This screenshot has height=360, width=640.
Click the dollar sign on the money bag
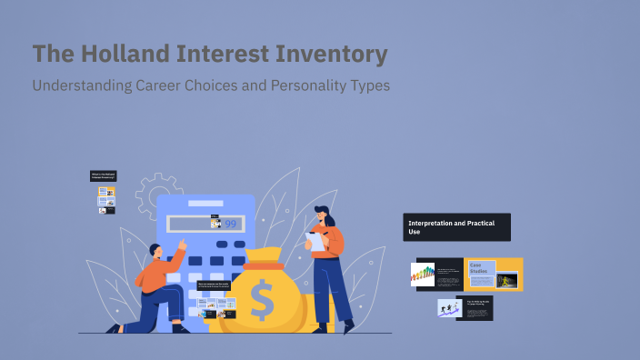point(262,300)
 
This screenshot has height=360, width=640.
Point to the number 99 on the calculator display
point(231,223)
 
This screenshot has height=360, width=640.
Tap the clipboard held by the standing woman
point(316,240)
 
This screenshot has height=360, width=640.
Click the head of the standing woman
point(323,216)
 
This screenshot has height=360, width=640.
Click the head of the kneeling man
point(156,251)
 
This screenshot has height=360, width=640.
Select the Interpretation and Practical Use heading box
point(456,226)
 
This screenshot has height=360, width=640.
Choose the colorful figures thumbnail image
point(423,274)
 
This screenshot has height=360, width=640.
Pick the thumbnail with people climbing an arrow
point(449,309)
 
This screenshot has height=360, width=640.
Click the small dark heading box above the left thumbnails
point(103,176)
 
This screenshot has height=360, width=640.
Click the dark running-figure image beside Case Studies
point(506,280)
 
